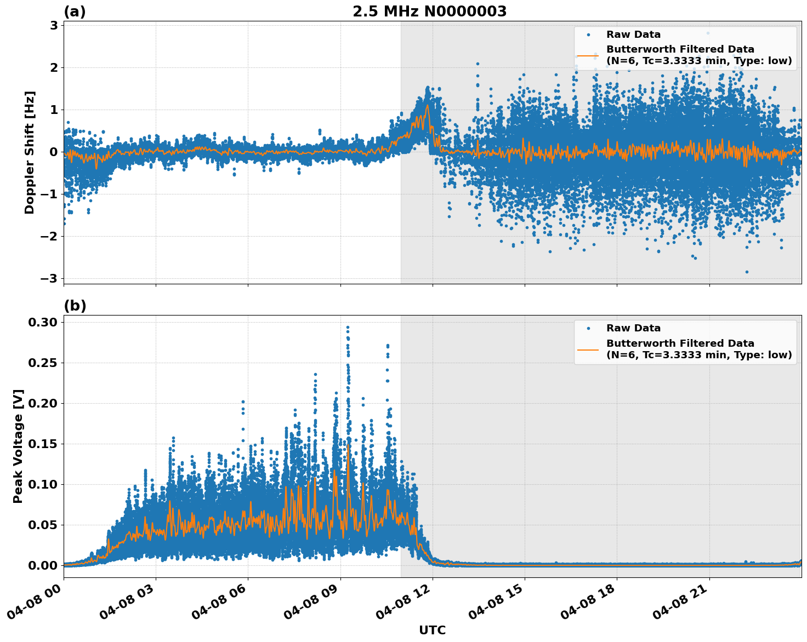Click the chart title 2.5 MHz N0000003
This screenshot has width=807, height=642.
point(429,12)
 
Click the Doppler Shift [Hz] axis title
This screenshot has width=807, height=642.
point(30,152)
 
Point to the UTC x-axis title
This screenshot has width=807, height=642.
point(432,630)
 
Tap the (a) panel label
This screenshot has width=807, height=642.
point(75,12)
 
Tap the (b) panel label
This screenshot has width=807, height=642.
point(75,306)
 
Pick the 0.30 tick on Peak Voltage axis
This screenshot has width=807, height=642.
point(43,322)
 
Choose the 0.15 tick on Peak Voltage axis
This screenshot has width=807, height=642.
point(43,444)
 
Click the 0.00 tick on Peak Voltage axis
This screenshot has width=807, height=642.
point(43,565)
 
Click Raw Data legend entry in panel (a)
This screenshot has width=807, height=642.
point(633,35)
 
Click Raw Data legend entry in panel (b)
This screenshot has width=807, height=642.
point(633,328)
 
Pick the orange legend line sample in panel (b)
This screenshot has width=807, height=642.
point(588,349)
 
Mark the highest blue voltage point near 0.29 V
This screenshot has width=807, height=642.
point(348,327)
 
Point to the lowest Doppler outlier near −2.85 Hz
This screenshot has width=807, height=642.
point(747,272)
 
